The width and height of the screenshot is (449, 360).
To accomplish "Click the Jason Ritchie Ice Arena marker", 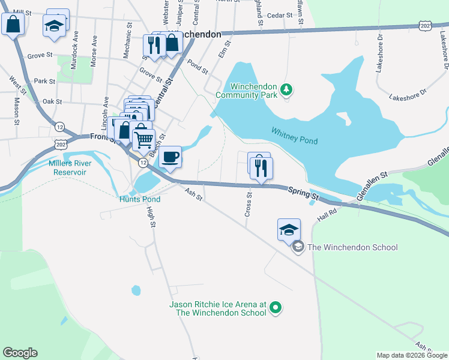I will [x=276, y=308].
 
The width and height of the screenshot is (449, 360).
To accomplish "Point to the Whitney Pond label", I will [x=294, y=135].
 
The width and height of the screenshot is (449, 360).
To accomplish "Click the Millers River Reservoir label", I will [x=67, y=167].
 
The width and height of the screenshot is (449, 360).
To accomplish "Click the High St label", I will [x=152, y=217].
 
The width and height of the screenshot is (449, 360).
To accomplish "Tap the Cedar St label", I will [x=279, y=16].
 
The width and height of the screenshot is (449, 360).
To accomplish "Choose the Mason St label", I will [x=16, y=107].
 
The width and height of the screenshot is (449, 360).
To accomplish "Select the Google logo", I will [x=20, y=353].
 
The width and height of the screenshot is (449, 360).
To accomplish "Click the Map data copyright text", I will [x=412, y=355].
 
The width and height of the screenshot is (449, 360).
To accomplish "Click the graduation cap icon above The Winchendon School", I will [x=289, y=229].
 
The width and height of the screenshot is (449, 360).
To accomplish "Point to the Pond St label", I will [x=197, y=66].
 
